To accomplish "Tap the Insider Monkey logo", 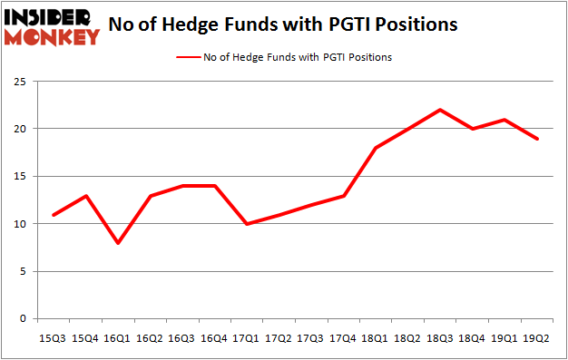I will (52, 26).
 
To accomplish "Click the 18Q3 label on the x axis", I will (439, 338).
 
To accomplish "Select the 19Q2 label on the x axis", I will (535, 338).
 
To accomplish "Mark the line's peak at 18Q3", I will (440, 110).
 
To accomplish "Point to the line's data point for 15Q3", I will (54, 215).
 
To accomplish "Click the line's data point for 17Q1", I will (248, 224).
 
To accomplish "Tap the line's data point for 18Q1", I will (376, 148).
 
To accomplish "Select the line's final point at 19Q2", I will (536, 139).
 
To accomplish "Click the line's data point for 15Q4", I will (86, 196).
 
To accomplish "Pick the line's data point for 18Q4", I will (472, 129).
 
